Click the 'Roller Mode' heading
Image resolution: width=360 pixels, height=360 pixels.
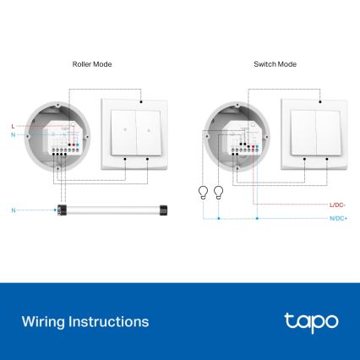point(92,64)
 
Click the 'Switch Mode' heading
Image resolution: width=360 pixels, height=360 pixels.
point(275,64)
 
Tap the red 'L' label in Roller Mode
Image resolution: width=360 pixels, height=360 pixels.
point(13,126)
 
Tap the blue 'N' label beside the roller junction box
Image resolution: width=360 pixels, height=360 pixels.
point(13,134)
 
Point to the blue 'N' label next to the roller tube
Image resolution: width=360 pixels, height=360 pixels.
point(13,208)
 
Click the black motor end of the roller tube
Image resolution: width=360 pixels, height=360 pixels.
point(59,208)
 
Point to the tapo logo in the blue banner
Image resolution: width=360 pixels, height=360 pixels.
point(311,321)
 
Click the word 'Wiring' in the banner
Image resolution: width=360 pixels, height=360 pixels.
point(41,322)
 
